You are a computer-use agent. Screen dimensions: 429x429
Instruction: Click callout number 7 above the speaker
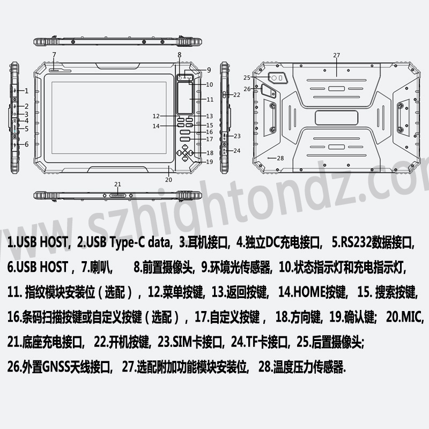(54, 55)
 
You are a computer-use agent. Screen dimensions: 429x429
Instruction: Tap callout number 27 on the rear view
(337, 55)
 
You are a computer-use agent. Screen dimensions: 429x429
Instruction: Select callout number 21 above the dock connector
(117, 184)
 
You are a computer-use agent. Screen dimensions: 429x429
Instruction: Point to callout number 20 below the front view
(168, 180)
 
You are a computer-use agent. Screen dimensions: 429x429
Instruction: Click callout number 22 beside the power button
(237, 95)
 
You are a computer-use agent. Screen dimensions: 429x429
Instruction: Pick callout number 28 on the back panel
(280, 158)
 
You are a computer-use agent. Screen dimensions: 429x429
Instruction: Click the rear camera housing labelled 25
(278, 78)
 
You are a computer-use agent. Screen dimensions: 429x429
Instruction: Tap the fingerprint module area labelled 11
(185, 98)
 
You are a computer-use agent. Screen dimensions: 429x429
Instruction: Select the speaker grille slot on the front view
(60, 71)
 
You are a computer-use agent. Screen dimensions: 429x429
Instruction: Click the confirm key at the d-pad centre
(185, 153)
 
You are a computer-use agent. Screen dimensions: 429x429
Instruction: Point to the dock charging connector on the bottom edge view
(117, 196)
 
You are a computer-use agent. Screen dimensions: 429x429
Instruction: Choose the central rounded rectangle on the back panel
(337, 118)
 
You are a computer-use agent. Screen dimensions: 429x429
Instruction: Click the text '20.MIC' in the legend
(405, 317)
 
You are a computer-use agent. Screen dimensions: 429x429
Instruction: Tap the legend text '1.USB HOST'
(38, 242)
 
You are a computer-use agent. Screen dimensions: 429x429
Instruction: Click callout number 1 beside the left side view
(26, 91)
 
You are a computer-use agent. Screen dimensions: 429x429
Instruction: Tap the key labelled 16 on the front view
(185, 132)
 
